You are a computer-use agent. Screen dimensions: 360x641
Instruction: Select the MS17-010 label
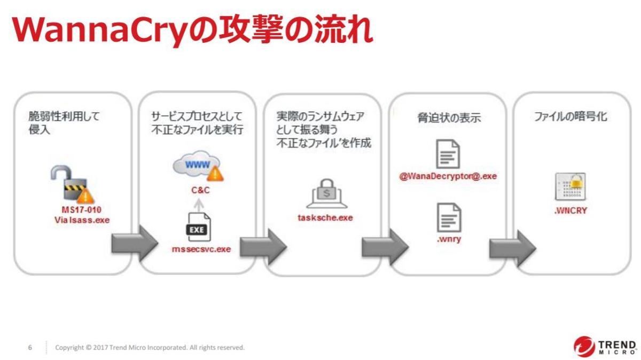click(x=81, y=209)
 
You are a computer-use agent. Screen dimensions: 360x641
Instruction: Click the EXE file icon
click(x=198, y=228)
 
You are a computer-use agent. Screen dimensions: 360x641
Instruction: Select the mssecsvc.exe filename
click(x=201, y=249)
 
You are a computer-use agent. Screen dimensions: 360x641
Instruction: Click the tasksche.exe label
click(x=325, y=217)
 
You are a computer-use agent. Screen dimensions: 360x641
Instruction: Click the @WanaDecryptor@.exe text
click(x=448, y=176)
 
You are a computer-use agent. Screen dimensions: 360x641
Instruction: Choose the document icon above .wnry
click(x=448, y=217)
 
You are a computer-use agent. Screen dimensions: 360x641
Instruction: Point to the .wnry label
click(x=449, y=239)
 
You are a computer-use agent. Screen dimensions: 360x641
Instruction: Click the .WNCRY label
click(x=570, y=210)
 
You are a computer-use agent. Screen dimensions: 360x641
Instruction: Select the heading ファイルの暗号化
click(x=570, y=116)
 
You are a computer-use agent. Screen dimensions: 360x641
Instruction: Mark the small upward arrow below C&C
click(x=198, y=204)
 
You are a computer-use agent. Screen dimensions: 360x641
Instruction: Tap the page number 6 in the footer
click(x=30, y=348)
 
